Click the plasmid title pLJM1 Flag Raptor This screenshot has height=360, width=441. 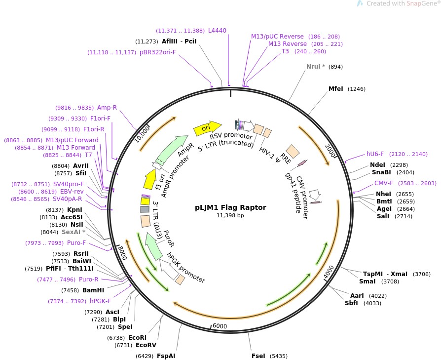pos(230,207)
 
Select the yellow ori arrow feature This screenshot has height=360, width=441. pos(207,128)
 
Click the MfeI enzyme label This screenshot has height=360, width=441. pos(336,89)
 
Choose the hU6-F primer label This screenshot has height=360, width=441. pos(376,154)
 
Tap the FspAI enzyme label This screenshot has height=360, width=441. pos(166,356)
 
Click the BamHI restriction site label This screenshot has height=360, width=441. pos(93,290)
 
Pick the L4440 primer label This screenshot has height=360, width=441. pos(217,31)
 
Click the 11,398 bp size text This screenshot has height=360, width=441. pos(230,215)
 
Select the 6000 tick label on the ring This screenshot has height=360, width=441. pos(220,326)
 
